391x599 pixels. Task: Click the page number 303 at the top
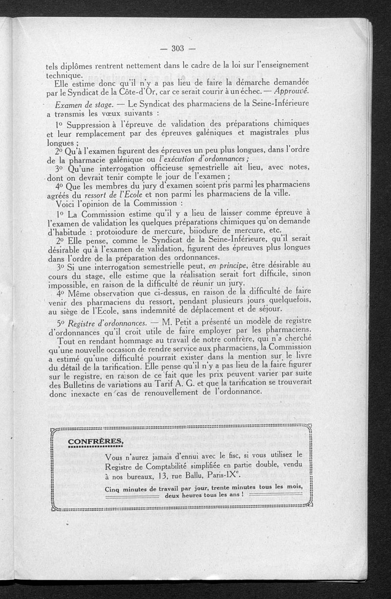(x=177, y=47)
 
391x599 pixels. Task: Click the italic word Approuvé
(x=292, y=92)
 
